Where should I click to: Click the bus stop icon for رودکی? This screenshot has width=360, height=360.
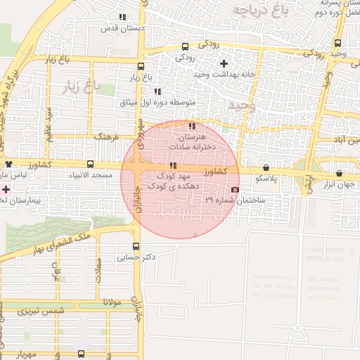(x=184, y=44)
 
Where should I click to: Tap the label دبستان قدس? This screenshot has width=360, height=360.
(x=125, y=27)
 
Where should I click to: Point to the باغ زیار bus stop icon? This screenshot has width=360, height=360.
(x=141, y=67)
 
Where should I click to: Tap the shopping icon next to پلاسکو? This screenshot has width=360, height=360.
(x=266, y=167)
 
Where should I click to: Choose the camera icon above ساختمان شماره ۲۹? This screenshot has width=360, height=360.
(x=234, y=189)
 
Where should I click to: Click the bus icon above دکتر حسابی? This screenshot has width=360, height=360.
(x=136, y=247)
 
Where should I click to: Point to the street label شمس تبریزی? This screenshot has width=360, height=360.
(x=41, y=310)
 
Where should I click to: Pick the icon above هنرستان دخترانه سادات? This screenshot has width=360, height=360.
(x=192, y=126)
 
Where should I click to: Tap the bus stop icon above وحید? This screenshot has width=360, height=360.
(x=338, y=43)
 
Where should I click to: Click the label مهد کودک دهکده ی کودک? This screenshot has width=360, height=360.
(x=173, y=179)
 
